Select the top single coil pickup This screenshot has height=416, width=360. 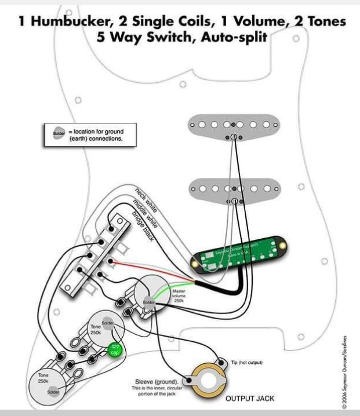tap(233, 124)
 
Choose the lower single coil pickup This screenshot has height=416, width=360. tap(233, 189)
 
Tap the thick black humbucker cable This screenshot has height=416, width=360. tap(226, 286)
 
